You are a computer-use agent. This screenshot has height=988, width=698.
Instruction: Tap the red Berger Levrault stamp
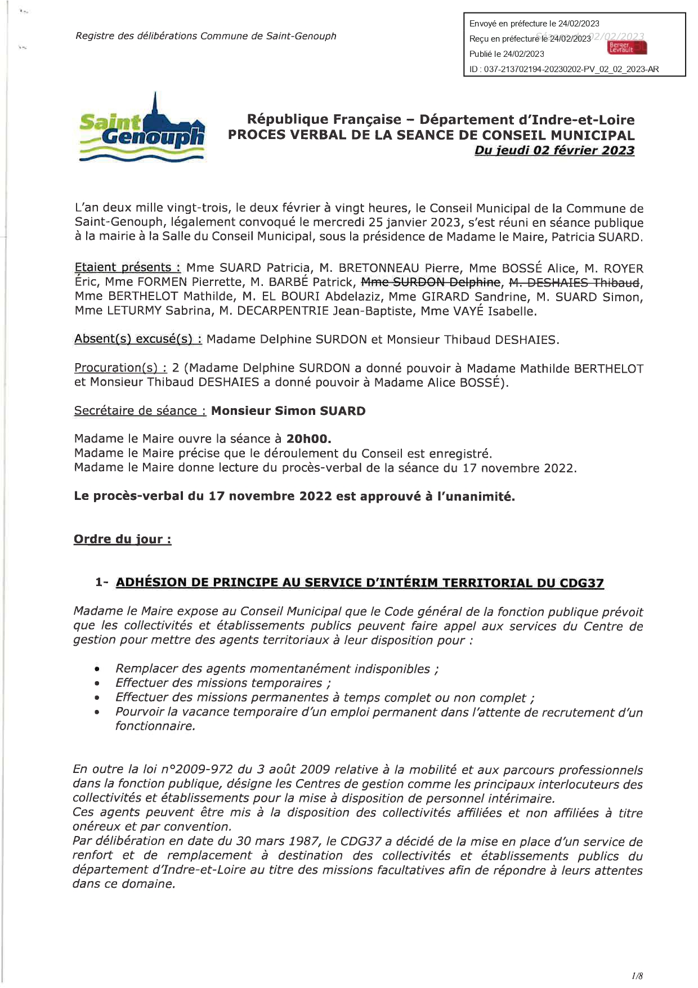(x=627, y=48)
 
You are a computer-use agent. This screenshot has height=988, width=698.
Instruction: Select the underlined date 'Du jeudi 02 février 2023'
(x=554, y=150)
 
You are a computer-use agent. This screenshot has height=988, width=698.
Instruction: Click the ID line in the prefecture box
(x=564, y=69)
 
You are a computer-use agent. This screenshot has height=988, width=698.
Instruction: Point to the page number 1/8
(x=637, y=976)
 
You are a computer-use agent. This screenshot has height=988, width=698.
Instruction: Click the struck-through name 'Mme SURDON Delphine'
(x=431, y=282)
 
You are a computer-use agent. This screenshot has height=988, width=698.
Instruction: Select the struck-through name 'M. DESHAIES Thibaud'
(x=574, y=282)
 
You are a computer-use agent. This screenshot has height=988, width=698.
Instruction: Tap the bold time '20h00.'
(x=309, y=439)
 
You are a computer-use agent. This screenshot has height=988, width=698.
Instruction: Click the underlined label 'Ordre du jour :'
(x=123, y=539)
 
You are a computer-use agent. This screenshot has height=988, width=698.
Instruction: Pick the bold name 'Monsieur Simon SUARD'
(x=288, y=410)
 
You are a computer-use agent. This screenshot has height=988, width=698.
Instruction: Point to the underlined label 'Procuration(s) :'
(x=120, y=368)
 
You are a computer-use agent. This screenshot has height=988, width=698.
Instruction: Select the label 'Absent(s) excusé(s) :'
(x=138, y=339)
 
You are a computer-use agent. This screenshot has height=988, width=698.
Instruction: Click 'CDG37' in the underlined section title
(x=581, y=583)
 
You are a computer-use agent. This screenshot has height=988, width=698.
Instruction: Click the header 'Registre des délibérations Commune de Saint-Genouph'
(x=206, y=36)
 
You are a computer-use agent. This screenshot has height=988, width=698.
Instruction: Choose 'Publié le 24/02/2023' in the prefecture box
(x=507, y=54)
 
